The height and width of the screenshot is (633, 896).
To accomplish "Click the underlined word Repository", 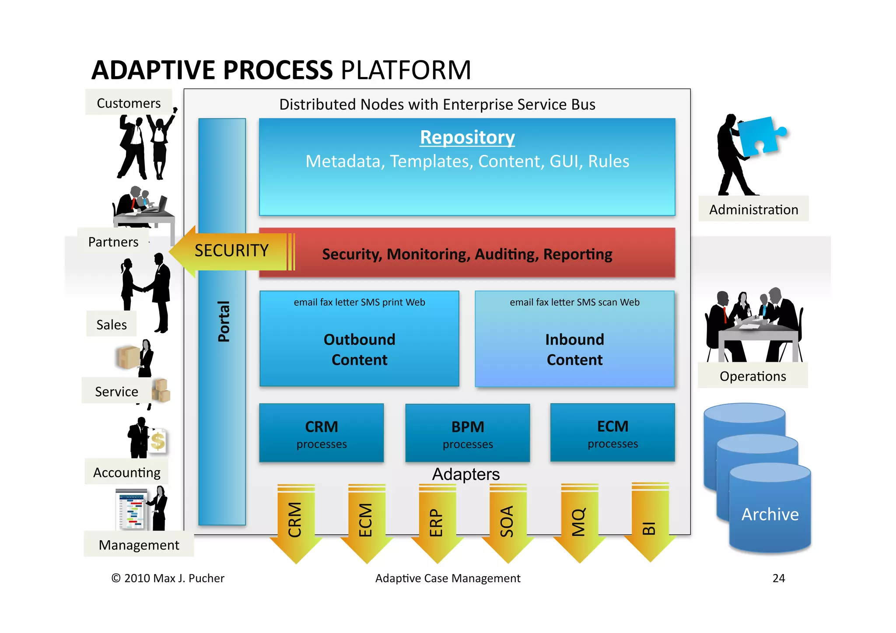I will [x=467, y=137].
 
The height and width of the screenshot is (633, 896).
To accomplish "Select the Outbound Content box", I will [x=359, y=339].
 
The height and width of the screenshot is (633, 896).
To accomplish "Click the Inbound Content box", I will [x=574, y=339].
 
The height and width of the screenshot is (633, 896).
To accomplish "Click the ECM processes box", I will [x=612, y=433].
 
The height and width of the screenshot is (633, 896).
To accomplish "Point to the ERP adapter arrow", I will [x=437, y=523].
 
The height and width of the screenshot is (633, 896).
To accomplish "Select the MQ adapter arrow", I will [x=579, y=523].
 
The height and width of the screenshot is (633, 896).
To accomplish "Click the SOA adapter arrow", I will [x=507, y=523].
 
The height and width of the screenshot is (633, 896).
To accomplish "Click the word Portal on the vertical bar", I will [x=223, y=322].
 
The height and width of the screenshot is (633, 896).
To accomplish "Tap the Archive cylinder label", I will [x=770, y=514].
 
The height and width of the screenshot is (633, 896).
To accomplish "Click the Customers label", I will [x=129, y=103].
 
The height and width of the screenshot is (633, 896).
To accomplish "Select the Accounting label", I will [x=127, y=472].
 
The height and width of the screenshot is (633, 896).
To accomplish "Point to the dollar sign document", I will [x=158, y=441].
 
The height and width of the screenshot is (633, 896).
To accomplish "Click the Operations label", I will [x=752, y=376].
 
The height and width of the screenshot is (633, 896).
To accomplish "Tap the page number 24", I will [x=779, y=578].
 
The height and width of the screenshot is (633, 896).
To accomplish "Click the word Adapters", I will [x=466, y=474].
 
